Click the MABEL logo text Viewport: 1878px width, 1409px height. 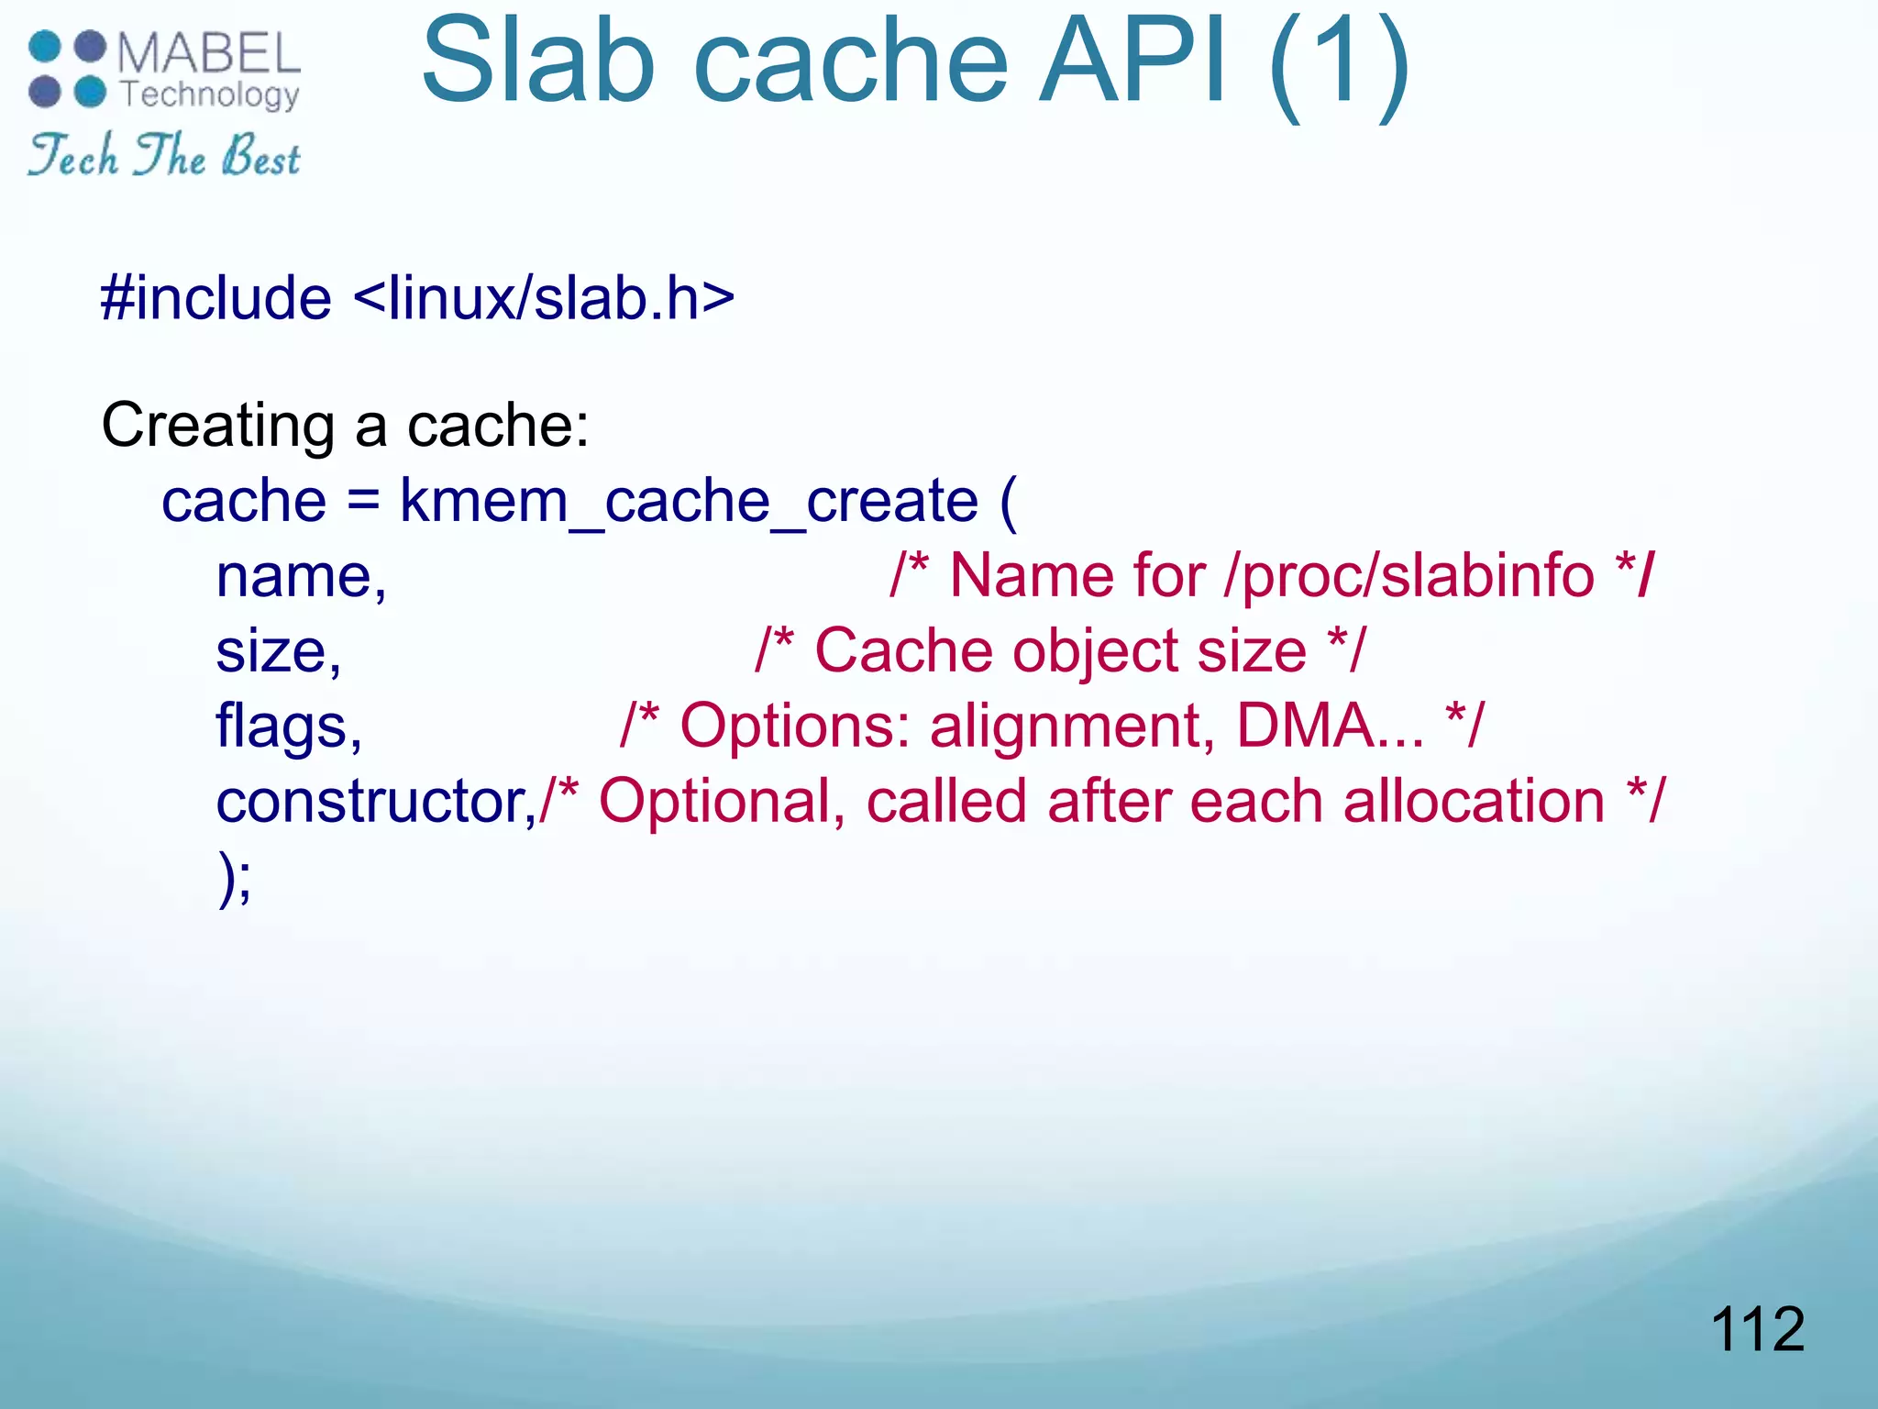coord(208,52)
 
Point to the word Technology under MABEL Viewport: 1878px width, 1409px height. coord(210,94)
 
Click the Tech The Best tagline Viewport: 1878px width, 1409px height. coord(164,155)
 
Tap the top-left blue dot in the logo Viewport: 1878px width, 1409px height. coord(45,46)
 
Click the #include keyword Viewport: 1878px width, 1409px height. coord(216,298)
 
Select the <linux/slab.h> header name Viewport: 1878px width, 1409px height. coord(544,298)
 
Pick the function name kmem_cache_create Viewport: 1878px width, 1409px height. coord(689,502)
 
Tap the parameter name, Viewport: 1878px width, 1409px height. coord(302,577)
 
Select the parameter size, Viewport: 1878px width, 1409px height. coord(279,652)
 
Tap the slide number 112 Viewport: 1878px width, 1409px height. coord(1757,1328)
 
